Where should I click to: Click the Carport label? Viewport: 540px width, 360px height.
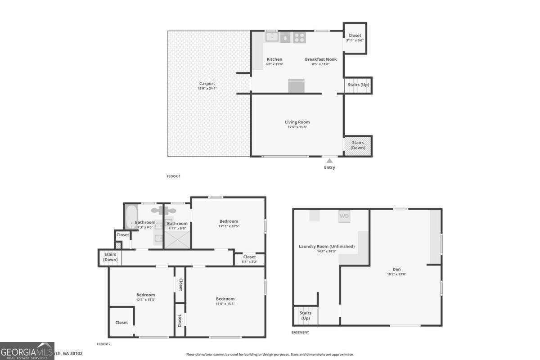click(207, 83)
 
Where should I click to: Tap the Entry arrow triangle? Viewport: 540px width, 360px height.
click(329, 160)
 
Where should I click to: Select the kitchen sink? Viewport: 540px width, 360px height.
click(271, 37)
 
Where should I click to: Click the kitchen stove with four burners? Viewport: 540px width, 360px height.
click(299, 38)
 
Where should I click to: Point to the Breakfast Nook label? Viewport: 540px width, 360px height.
click(320, 59)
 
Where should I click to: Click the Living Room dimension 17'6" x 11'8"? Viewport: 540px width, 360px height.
click(297, 127)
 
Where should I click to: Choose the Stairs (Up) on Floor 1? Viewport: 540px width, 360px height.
click(358, 85)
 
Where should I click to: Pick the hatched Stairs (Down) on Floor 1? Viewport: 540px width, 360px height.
click(358, 145)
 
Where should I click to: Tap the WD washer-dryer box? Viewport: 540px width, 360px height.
click(344, 216)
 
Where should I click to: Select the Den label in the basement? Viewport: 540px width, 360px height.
click(396, 269)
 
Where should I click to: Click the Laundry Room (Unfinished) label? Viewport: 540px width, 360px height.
click(327, 246)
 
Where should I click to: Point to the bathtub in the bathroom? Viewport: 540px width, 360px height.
click(131, 217)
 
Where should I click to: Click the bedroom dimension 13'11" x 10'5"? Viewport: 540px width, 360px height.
click(229, 226)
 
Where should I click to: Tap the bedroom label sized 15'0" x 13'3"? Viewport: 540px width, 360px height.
click(225, 299)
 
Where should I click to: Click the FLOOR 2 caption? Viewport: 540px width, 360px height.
click(103, 344)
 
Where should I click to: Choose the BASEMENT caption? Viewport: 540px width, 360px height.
click(300, 333)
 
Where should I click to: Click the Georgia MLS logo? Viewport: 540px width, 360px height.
click(27, 351)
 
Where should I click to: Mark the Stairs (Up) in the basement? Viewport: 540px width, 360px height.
click(306, 315)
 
